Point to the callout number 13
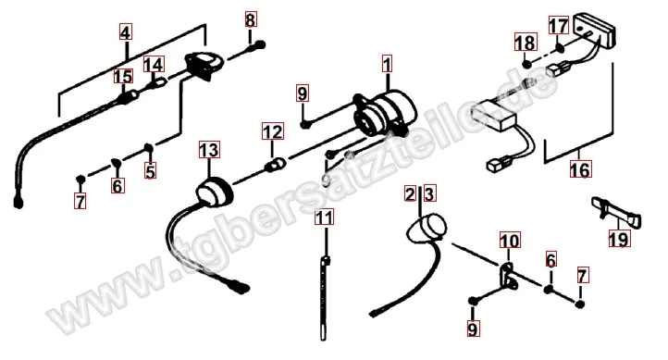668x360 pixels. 208,150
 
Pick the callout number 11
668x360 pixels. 322,218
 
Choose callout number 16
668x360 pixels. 580,169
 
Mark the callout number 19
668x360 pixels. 618,240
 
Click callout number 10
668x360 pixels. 510,243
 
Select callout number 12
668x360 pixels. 270,132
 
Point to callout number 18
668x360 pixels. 525,43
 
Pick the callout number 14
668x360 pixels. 154,65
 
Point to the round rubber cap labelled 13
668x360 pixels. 210,194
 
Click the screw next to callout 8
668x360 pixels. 258,43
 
